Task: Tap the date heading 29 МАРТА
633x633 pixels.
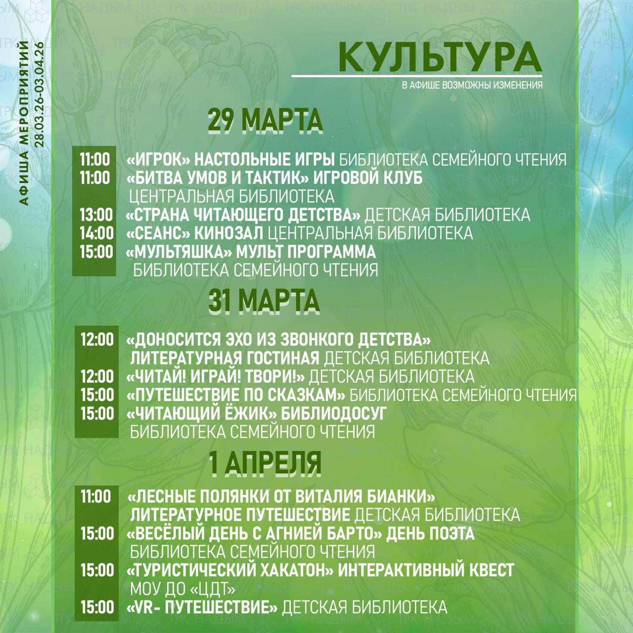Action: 265,120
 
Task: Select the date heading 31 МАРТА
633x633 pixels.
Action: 264,301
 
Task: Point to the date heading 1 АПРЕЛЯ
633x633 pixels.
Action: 265,463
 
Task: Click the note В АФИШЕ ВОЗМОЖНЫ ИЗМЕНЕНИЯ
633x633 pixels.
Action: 472,85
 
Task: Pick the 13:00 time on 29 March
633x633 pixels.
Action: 96,215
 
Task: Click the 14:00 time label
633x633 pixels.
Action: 96,233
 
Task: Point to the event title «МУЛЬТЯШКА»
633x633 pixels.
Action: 179,252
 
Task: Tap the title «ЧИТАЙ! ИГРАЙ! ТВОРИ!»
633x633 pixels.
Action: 216,376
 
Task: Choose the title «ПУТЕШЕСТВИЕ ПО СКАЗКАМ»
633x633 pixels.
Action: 236,395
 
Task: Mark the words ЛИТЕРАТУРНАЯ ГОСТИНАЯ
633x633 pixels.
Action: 225,358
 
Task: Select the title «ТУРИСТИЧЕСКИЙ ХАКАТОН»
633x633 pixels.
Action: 230,570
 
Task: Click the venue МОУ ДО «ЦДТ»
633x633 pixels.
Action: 182,589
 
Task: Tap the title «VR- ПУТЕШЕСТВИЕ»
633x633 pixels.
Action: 202,607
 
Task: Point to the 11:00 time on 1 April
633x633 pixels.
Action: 96,496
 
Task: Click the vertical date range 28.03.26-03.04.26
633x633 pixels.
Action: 40,94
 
